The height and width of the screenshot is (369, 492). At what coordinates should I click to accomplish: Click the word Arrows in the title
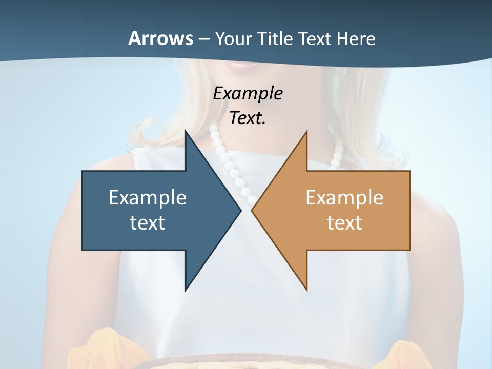(160, 38)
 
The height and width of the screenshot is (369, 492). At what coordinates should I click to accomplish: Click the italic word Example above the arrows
(248, 93)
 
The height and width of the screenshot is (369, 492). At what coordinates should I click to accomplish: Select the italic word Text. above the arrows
(248, 118)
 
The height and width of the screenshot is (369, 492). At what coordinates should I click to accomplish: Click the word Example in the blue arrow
(148, 198)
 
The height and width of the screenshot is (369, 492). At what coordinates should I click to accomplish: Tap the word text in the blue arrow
(148, 223)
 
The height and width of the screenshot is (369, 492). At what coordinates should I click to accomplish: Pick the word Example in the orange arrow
(344, 198)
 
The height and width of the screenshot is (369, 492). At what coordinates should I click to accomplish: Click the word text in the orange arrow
(344, 223)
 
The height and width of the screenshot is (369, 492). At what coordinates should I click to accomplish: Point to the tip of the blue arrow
(240, 210)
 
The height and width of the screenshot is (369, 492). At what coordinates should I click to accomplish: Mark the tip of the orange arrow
(252, 210)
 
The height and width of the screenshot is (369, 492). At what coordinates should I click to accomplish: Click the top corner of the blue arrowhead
(186, 132)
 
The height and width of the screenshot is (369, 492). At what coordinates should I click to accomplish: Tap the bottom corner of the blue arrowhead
(186, 290)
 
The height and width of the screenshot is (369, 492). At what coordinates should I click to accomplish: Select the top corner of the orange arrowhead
(306, 132)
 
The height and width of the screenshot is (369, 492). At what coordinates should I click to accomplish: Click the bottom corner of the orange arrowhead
(306, 290)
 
